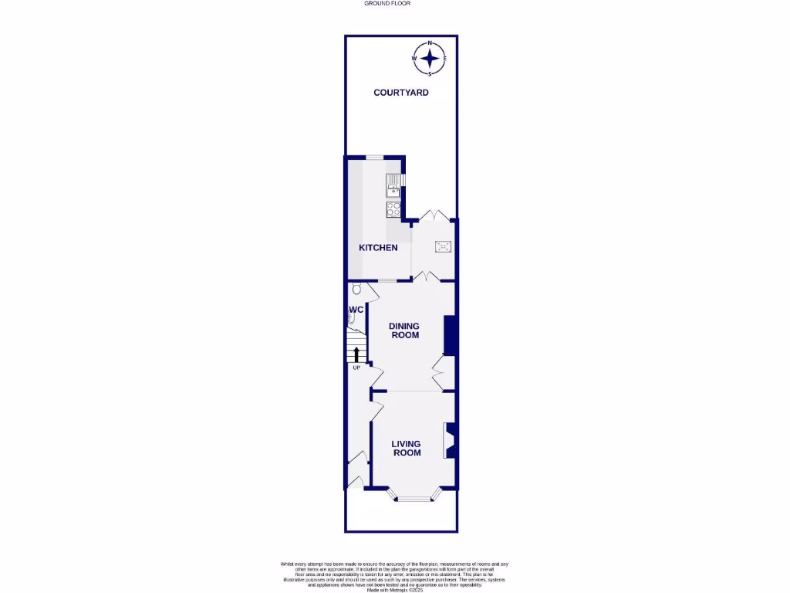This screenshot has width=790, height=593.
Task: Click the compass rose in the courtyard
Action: coord(430,59)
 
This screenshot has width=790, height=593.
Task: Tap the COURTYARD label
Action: coord(400,93)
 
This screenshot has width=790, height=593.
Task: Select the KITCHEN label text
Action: coord(378,248)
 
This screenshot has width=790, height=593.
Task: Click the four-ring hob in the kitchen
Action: coord(393,208)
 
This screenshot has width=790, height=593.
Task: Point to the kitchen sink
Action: coord(393,183)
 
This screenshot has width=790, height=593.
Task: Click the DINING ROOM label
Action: coord(404,330)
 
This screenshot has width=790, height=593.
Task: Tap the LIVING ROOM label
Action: coord(406,448)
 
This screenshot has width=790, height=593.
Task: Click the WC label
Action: coord(356,310)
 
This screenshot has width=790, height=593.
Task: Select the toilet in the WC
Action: coord(355,290)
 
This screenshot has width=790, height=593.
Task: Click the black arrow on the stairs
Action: coord(356,354)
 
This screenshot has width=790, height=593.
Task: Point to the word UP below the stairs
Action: coord(356,368)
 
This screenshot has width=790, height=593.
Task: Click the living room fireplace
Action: coord(447,439)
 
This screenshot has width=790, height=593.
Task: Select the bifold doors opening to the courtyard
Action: coord(433,216)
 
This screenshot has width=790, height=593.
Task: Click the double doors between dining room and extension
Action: coord(427,276)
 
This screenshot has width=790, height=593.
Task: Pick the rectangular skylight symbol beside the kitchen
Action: coord(444,247)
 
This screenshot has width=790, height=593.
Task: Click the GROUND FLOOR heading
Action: coord(387,3)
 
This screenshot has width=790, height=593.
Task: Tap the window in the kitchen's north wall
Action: coord(375,158)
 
